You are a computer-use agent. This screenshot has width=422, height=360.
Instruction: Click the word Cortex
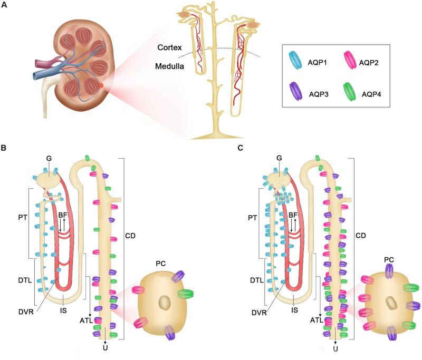point(170,48)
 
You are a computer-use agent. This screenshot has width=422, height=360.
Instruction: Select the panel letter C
point(241,149)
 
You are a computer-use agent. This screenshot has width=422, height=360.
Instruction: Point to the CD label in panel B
point(131,236)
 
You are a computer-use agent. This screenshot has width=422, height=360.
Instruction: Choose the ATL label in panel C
point(315,319)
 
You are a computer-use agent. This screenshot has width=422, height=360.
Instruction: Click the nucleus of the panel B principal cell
point(165,303)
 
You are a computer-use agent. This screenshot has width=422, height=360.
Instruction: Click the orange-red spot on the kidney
point(101,84)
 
